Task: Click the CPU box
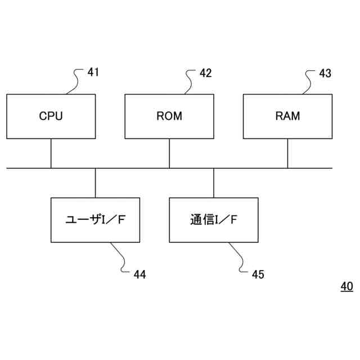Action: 51,116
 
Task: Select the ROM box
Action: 169,116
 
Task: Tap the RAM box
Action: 287,116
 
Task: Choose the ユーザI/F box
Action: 95,220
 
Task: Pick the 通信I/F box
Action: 214,220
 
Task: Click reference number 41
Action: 93,72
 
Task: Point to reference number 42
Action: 206,73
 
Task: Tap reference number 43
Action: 325,73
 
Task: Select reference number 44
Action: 139,274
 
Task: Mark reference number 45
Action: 258,274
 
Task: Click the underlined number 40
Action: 346,287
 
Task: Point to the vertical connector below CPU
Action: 51,153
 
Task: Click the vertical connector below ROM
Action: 169,153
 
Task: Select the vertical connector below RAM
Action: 287,153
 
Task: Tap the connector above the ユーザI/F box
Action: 95,183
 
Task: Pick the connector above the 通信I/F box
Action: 214,183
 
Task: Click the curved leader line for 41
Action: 75,81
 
